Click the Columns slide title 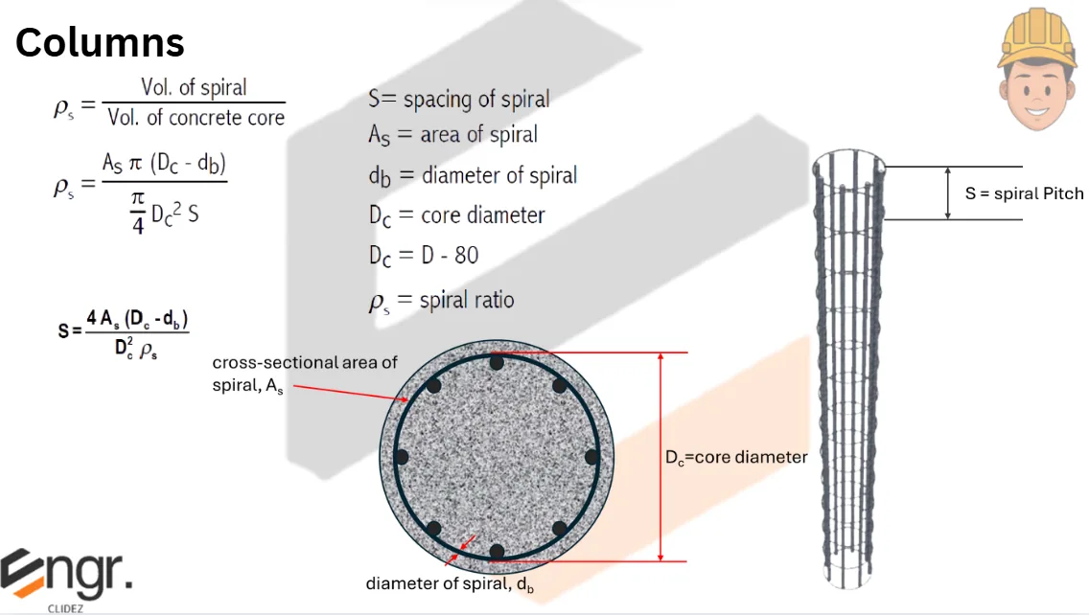coord(100,42)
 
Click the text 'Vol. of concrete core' coord(196,118)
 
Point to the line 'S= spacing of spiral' coord(459,99)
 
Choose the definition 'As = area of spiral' coord(452,135)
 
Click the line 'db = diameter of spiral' coord(473,175)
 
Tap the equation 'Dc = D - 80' coord(424,255)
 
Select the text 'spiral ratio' coord(468,300)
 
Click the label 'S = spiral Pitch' coord(1024,194)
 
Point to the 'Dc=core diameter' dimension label coord(736,458)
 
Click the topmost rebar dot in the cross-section coord(497,363)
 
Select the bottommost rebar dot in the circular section coord(497,551)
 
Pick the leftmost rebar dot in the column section coord(401,457)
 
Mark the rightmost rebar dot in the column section coord(591,457)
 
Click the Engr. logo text coord(67,573)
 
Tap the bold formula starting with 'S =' coord(124,330)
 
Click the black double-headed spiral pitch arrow coord(948,194)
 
